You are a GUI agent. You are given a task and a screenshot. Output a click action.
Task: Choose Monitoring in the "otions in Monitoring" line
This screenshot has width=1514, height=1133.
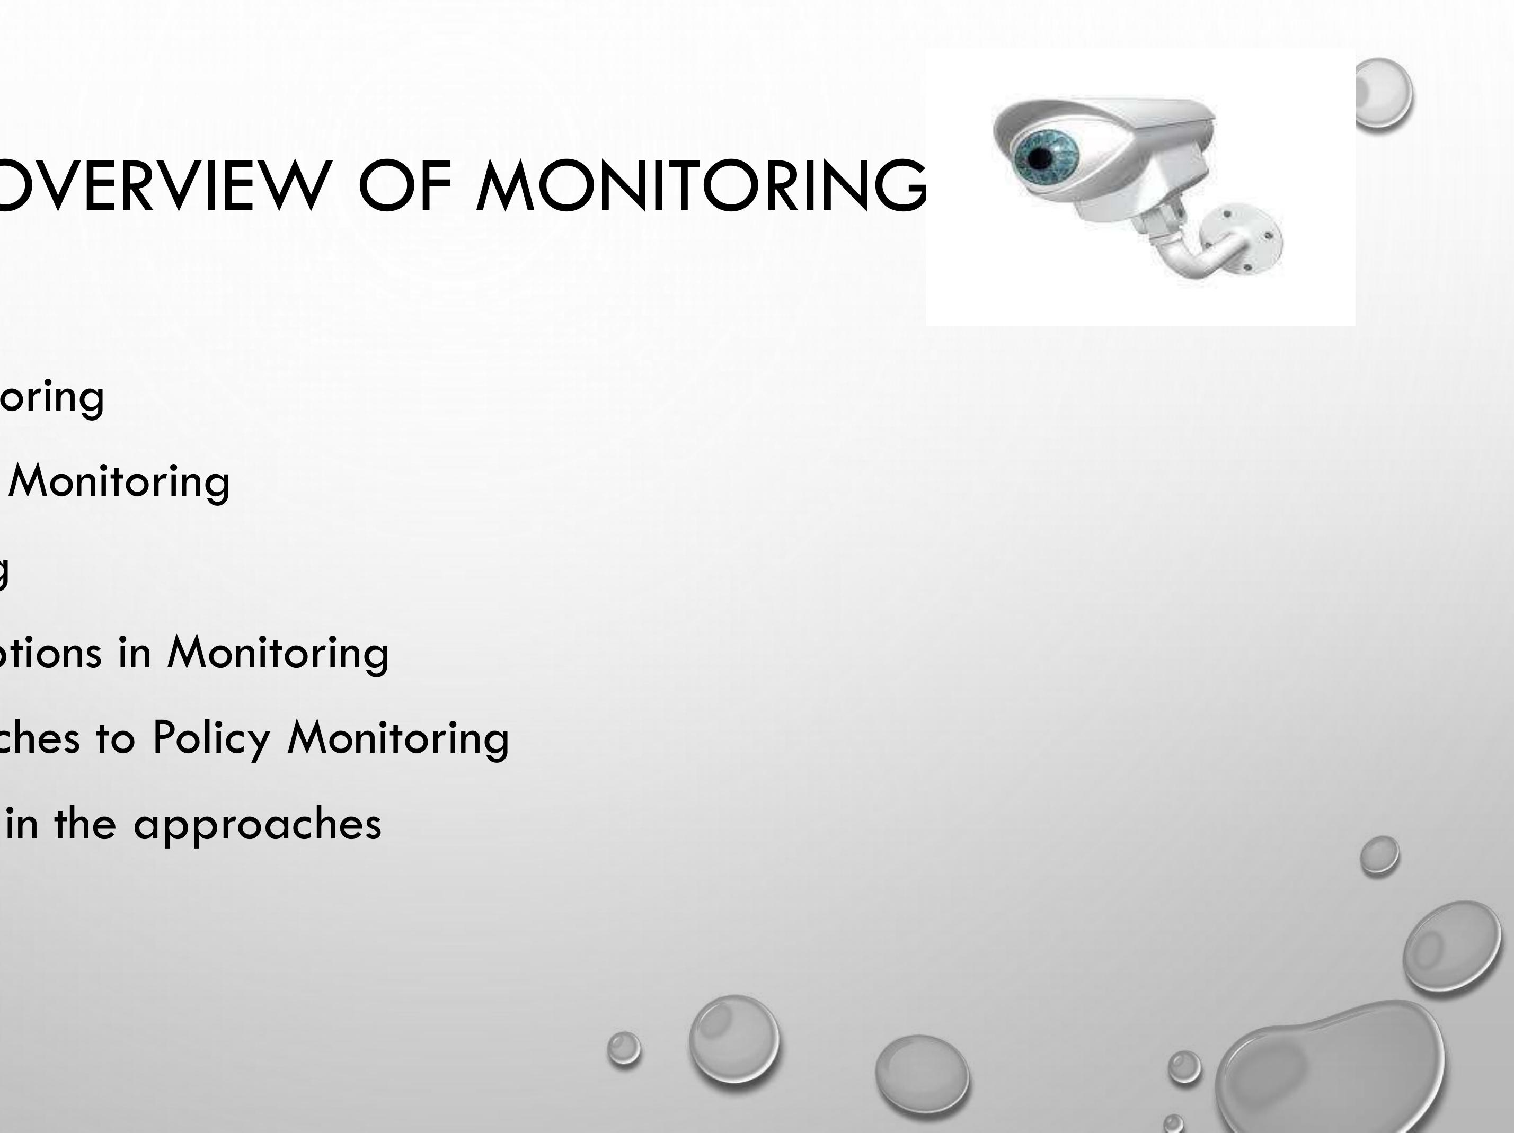pyautogui.click(x=278, y=654)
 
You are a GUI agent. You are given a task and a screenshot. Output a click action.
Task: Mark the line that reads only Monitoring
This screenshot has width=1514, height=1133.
pyautogui.click(x=119, y=483)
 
